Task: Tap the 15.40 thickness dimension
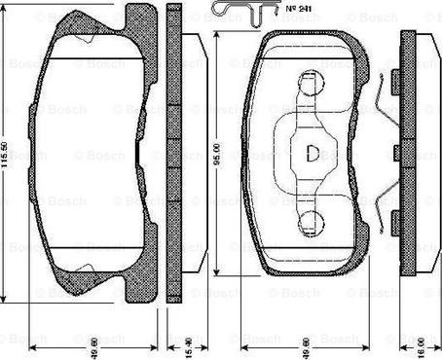coord(177,344)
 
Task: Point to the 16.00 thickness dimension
coord(422,344)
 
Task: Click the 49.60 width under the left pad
coord(86,344)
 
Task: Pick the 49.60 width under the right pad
coord(310,344)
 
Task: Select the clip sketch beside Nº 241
coord(235,13)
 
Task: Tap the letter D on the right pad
coord(312,153)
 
